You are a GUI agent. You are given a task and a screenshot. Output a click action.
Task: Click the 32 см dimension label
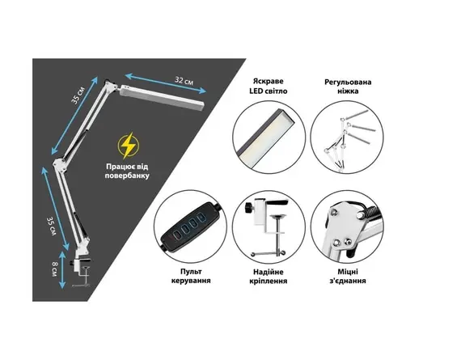184,80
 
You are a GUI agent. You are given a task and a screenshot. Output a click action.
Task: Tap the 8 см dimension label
55,269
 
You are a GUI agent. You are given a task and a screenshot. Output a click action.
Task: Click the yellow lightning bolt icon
128,146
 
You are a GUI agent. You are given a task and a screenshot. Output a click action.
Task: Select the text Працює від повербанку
127,172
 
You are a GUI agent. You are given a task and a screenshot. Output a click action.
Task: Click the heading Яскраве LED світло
269,87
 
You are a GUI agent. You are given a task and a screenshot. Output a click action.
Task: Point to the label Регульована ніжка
348,87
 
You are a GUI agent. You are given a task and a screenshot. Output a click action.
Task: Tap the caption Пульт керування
191,276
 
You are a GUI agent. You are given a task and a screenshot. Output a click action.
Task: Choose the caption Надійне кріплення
269,276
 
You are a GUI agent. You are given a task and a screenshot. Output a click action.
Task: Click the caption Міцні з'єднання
348,276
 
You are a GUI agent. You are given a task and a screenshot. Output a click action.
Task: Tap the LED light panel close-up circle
269,138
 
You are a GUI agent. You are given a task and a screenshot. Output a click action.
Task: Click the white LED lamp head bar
161,97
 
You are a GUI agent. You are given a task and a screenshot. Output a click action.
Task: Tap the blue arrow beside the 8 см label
62,269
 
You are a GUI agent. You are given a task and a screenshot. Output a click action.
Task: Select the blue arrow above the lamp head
166,83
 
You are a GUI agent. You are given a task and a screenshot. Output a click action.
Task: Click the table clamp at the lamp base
81,264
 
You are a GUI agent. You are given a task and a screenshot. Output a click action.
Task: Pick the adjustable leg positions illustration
347,138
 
